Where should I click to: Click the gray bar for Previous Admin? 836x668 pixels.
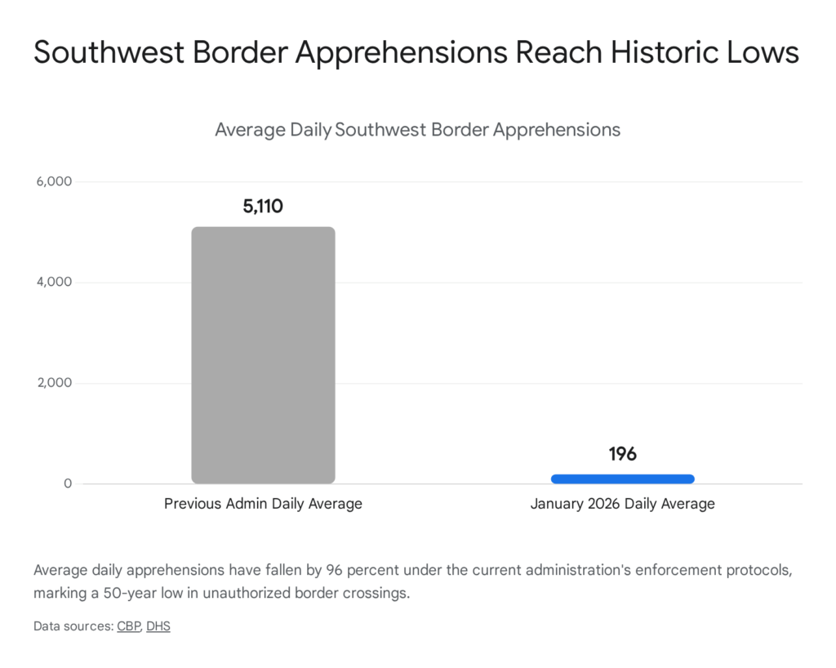[x=263, y=355]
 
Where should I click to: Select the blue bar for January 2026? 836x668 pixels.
[x=622, y=479]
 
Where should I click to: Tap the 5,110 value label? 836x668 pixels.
[x=263, y=207]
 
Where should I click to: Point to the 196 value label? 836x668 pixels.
[x=622, y=454]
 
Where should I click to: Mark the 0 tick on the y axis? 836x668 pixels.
[x=69, y=484]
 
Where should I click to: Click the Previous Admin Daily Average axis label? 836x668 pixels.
[x=263, y=504]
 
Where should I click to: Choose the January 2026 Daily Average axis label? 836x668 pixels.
[x=622, y=504]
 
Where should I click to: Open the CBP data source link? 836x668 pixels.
[x=128, y=627]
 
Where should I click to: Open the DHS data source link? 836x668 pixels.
[x=158, y=627]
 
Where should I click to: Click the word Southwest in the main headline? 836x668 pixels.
[x=102, y=52]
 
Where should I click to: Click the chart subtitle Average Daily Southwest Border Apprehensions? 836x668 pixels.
[x=417, y=130]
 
